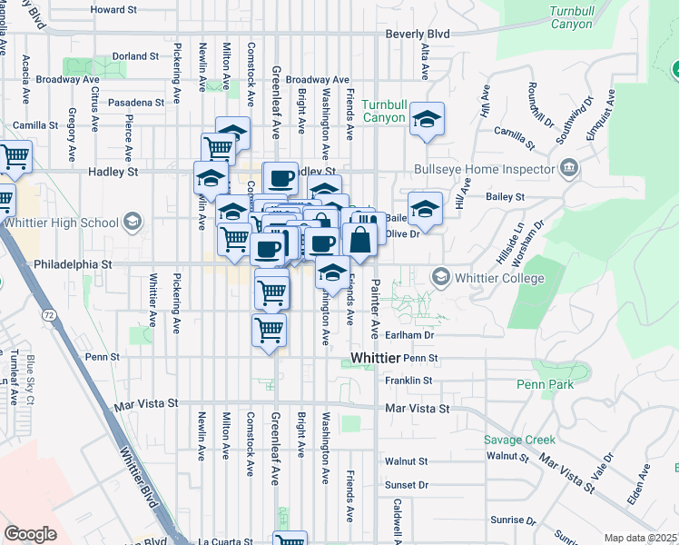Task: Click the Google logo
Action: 30,534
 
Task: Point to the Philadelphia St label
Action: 72,265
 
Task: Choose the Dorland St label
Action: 136,56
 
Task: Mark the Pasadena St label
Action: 135,103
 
